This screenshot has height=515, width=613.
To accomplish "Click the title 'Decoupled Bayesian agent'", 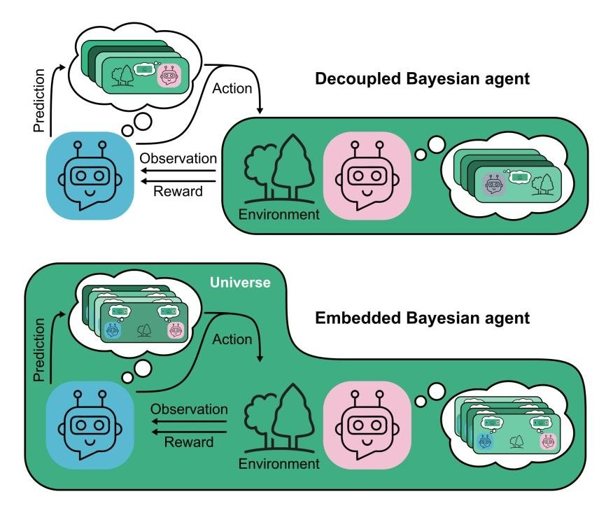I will pos(422,78).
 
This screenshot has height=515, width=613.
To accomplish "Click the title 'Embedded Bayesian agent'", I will pos(422,318).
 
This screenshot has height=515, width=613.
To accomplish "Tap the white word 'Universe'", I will pos(239,283).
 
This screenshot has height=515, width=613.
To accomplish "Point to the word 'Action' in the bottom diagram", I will pos(231,339).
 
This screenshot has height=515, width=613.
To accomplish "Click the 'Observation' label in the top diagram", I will pos(178,158).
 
